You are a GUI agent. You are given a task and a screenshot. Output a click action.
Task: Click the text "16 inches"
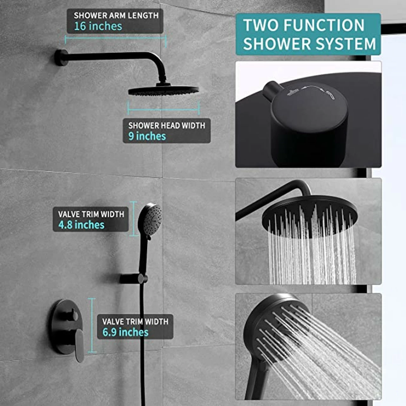pyautogui.click(x=98, y=26)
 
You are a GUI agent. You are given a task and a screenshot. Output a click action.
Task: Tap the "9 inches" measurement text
pyautogui.click(x=147, y=136)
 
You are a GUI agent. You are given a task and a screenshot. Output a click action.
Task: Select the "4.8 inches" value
pyautogui.click(x=81, y=225)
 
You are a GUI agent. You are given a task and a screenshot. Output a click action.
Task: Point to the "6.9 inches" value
pyautogui.click(x=125, y=332)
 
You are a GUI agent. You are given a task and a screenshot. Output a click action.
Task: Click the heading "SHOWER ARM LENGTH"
pyautogui.click(x=116, y=15)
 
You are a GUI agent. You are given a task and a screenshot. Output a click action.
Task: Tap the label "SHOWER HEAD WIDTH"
pyautogui.click(x=167, y=126)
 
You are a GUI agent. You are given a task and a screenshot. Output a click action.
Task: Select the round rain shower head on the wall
pyautogui.click(x=164, y=90)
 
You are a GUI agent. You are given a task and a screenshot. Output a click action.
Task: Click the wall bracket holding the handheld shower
pyautogui.click(x=134, y=279)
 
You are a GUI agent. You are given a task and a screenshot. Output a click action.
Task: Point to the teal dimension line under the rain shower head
pyautogui.click(x=163, y=109)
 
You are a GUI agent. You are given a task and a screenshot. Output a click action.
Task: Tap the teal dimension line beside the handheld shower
pyautogui.click(x=133, y=219)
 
